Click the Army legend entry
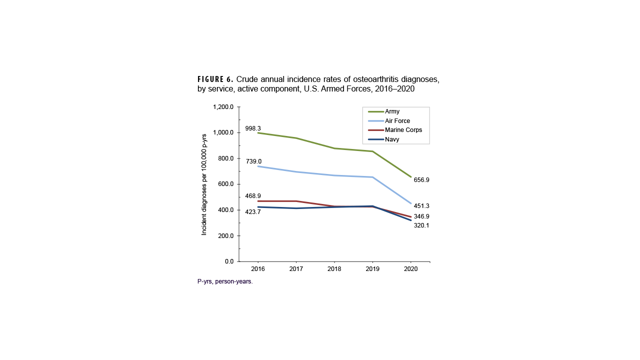[392, 111]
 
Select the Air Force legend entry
[397, 121]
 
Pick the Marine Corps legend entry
[403, 130]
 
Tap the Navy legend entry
[392, 139]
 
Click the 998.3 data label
[253, 128]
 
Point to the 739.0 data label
[253, 161]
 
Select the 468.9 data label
[253, 196]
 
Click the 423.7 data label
[253, 212]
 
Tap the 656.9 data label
[421, 180]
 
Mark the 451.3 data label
[421, 206]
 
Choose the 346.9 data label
[421, 216]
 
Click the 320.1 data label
[421, 225]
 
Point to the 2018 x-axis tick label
[334, 269]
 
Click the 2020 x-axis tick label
[410, 269]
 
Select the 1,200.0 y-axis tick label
[223, 107]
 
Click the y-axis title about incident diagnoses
[204, 184]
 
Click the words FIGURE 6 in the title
[215, 79]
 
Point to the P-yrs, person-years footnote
[225, 281]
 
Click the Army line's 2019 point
[372, 151]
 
